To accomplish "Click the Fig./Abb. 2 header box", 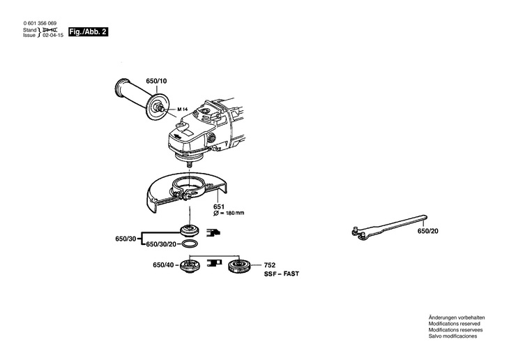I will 88,32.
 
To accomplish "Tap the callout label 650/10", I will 157,82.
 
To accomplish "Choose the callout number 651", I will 218,207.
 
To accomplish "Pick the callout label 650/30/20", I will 161,245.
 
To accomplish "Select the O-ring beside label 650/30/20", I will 188,245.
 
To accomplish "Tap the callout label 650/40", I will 163,265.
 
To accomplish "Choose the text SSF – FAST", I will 282,275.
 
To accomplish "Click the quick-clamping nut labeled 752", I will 240,266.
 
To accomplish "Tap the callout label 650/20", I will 427,231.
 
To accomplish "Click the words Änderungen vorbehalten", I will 456,317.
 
